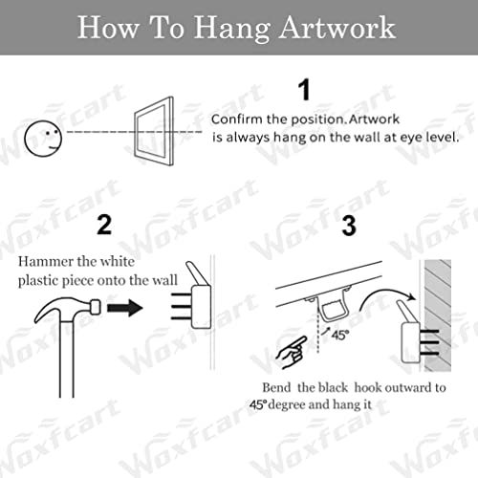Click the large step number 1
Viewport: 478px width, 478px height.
(x=305, y=91)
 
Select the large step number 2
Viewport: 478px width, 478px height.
(x=105, y=226)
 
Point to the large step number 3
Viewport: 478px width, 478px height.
(x=349, y=227)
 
